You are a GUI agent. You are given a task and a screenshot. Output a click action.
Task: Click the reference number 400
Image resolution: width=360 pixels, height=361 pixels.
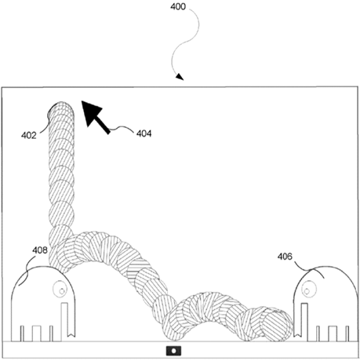click(x=178, y=6)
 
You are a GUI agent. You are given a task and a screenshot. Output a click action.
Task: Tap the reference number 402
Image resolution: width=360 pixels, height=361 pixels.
click(x=29, y=136)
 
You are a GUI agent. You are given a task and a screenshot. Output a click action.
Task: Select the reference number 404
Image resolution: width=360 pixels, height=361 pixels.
click(x=144, y=133)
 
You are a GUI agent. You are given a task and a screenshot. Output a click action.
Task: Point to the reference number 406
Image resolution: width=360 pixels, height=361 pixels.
click(x=285, y=257)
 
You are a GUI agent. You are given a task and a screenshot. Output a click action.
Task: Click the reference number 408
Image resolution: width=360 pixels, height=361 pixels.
click(x=40, y=250)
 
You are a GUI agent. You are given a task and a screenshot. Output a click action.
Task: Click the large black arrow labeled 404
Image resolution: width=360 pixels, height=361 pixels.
click(x=95, y=117)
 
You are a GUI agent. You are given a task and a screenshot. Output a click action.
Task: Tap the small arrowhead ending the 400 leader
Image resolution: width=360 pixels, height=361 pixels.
click(x=180, y=77)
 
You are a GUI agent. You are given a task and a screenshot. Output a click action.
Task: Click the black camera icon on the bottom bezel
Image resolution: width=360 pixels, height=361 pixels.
click(x=173, y=351)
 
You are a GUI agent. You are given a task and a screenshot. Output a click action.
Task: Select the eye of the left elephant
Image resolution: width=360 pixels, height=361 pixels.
click(x=60, y=289)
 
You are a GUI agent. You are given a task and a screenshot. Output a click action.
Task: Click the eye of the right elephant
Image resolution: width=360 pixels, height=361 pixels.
click(x=307, y=289)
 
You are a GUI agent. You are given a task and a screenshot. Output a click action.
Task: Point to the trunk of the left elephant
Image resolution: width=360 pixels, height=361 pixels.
click(x=67, y=319)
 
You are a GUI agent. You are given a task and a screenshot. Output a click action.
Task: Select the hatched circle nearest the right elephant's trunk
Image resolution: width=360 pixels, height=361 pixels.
click(x=278, y=325)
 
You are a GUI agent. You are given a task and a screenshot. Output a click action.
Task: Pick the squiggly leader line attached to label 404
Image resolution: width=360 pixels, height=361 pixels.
click(x=122, y=129)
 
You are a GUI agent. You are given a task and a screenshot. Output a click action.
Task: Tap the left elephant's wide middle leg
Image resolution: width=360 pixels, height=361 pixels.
click(x=37, y=334)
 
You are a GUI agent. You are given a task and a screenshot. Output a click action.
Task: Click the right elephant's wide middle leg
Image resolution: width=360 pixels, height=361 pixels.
click(x=333, y=334)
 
